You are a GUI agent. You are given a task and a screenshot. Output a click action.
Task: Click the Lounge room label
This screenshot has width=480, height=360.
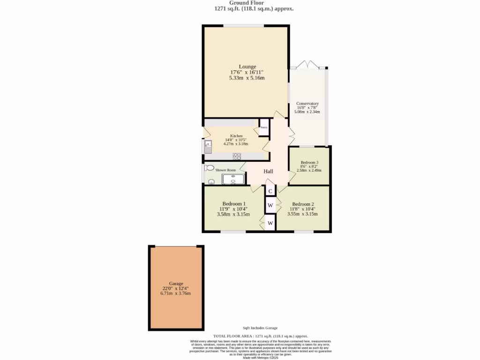pyautogui.click(x=247, y=67)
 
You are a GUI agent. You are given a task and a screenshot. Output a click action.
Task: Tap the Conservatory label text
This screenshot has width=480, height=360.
pyautogui.click(x=307, y=104)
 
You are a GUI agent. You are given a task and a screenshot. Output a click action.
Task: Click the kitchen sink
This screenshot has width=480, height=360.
pyautogui.click(x=208, y=147)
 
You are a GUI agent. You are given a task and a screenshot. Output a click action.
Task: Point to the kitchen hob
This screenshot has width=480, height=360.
pyautogui.click(x=237, y=157)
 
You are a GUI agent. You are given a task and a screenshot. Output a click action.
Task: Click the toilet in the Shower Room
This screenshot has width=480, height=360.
pyautogui.click(x=209, y=168)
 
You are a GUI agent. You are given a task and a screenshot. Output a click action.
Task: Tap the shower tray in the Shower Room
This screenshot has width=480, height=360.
pyautogui.click(x=233, y=179)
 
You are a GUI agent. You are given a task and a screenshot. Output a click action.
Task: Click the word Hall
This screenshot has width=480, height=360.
pyautogui.click(x=268, y=172)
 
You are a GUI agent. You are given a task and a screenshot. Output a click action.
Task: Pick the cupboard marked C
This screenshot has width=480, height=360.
pyautogui.click(x=270, y=191)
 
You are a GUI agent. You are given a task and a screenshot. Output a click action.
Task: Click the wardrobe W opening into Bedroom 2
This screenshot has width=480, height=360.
pyautogui.click(x=270, y=205)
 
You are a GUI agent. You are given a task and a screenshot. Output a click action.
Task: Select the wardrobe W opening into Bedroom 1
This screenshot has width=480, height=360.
pyautogui.click(x=270, y=223)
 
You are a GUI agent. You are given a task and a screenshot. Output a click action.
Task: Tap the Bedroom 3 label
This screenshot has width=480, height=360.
pyautogui.click(x=309, y=162)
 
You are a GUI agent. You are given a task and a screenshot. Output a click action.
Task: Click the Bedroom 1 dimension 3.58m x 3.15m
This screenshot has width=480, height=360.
pyautogui.click(x=233, y=214)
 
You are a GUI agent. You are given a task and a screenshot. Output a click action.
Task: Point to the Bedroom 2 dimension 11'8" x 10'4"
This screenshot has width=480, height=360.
pyautogui.click(x=302, y=209)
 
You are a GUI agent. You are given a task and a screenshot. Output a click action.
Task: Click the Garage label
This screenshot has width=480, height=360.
pyautogui.click(x=176, y=284)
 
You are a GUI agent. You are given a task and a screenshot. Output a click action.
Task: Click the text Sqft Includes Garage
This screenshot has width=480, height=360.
pyautogui.click(x=260, y=328)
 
